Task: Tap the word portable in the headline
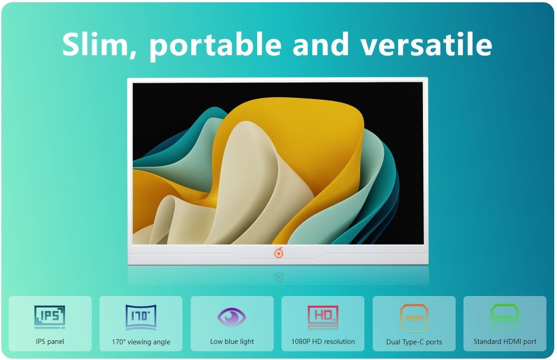[x=215, y=46]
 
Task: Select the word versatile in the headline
[x=426, y=44]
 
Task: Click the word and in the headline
[x=321, y=44]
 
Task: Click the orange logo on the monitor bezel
[x=278, y=253]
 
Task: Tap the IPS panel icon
[x=50, y=317]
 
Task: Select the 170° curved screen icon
[x=141, y=317]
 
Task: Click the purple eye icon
[x=232, y=317]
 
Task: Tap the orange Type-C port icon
[x=414, y=318]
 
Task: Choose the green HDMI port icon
[x=505, y=317]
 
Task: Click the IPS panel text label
[x=50, y=342]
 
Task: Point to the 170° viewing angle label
[x=141, y=342]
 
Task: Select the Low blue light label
[x=232, y=342]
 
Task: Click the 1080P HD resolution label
[x=323, y=342]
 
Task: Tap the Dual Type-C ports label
[x=414, y=342]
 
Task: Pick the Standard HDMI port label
[x=505, y=342]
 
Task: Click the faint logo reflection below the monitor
[x=279, y=277]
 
